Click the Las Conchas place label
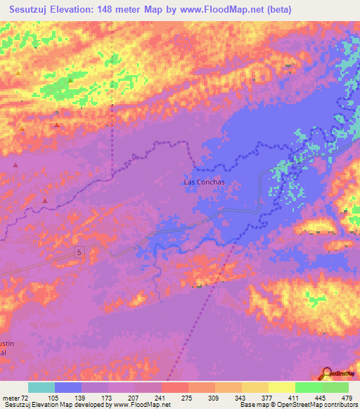pos(204,182)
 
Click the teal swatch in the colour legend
pos(41,387)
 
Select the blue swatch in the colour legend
pos(68,387)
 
